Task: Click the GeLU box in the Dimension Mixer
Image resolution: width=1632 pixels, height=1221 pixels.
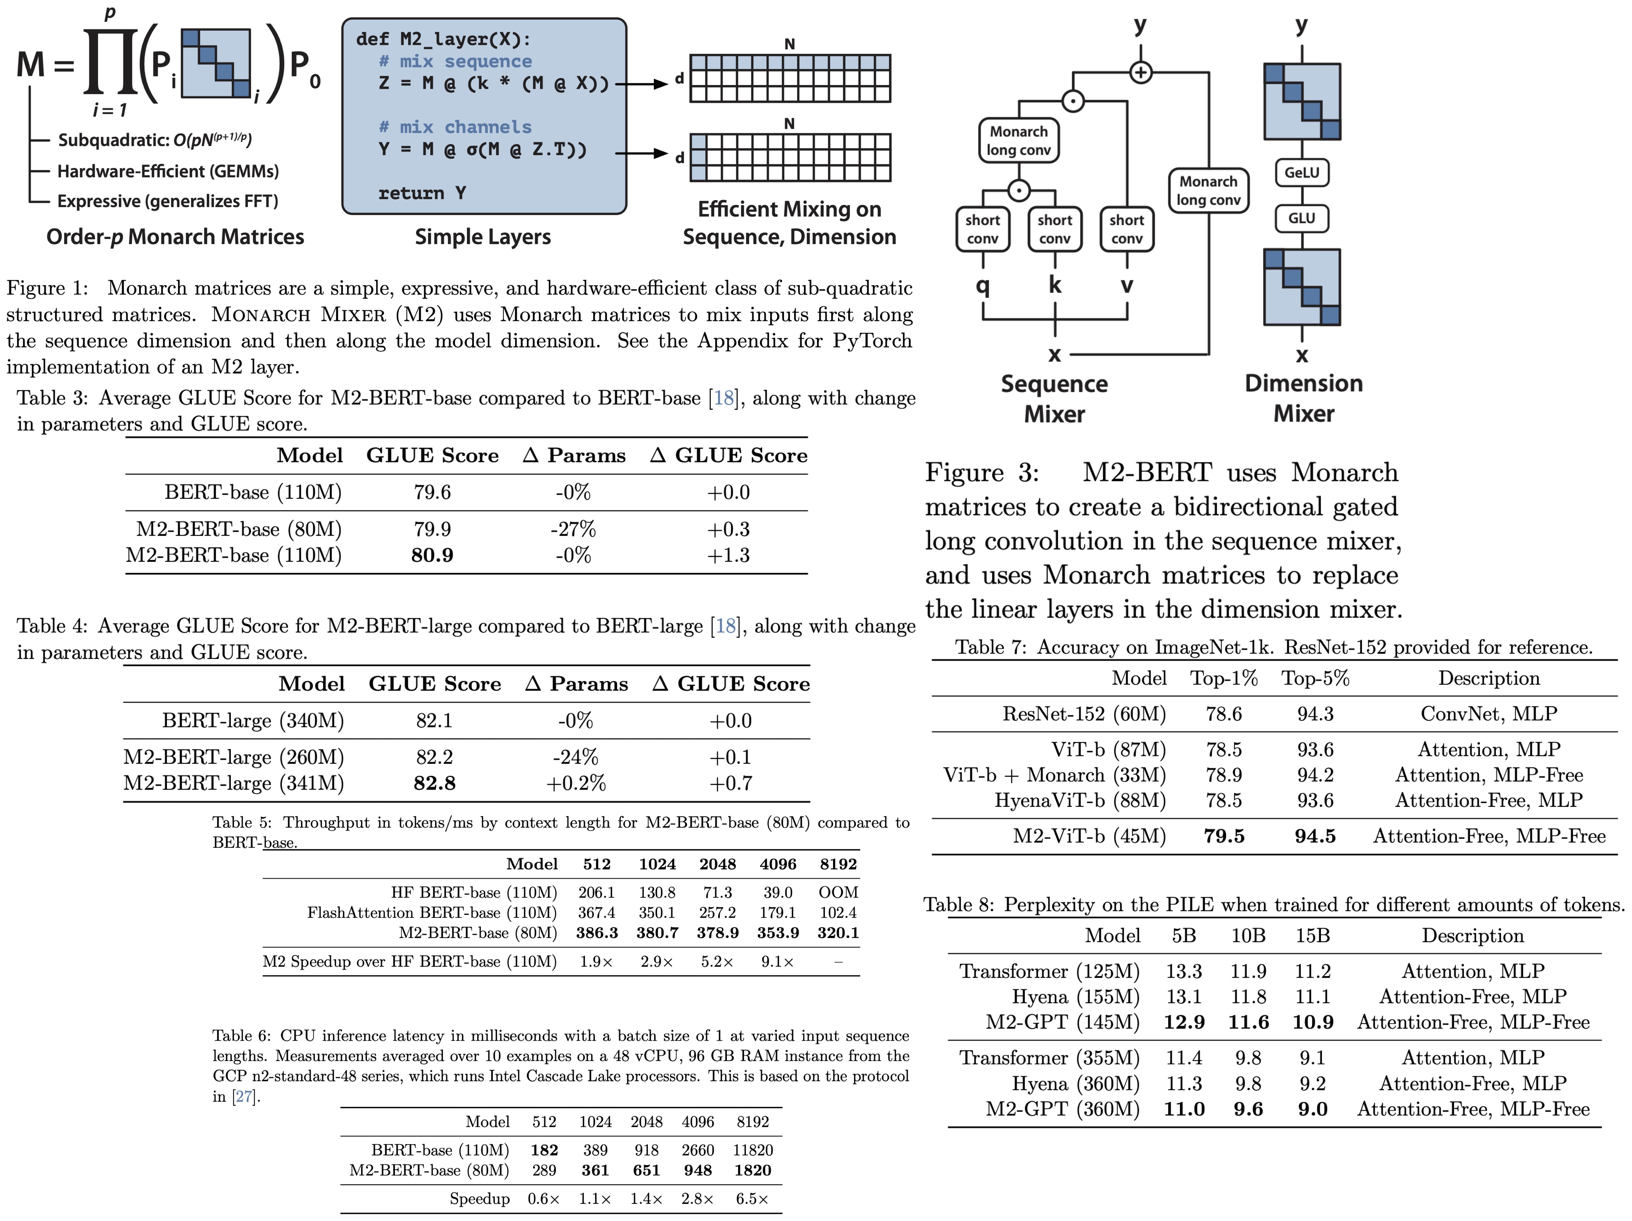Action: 1302,173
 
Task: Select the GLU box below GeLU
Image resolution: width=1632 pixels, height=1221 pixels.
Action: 1302,218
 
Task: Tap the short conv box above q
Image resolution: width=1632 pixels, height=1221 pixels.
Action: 983,230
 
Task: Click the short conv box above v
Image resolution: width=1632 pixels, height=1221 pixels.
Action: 1126,230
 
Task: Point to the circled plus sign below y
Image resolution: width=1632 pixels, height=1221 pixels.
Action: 1141,72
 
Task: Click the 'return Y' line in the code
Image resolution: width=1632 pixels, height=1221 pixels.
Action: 422,193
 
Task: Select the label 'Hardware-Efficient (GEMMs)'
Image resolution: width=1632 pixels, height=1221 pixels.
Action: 168,171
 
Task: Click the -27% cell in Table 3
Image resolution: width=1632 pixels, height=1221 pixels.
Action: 573,529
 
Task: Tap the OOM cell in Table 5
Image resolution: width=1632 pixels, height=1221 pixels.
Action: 838,892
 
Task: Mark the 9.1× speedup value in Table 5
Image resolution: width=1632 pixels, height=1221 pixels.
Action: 778,961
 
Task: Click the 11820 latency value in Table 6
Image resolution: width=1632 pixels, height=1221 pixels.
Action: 752,1150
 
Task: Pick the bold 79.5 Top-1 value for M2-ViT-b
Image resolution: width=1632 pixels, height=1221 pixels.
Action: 1224,836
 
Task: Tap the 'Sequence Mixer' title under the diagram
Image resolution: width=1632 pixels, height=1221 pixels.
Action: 1054,398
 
